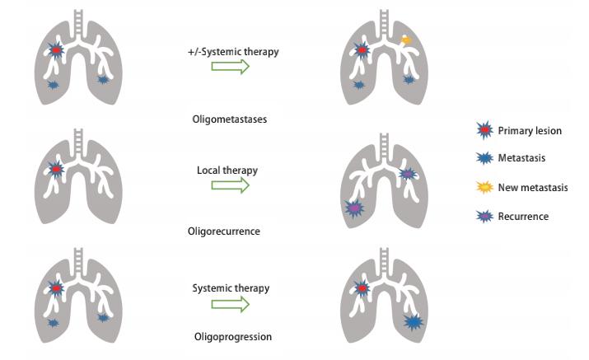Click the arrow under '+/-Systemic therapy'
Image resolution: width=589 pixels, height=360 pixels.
click(230, 68)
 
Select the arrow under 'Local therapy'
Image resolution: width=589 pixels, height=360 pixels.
click(230, 186)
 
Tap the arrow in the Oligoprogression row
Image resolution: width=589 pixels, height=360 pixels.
click(230, 305)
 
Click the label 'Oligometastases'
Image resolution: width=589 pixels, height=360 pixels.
click(229, 119)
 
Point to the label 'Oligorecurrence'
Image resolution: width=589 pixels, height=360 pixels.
click(223, 231)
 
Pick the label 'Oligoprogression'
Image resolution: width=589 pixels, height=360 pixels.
click(232, 337)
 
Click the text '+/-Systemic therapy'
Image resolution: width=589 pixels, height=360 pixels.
click(233, 52)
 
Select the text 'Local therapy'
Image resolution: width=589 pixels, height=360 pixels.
click(227, 171)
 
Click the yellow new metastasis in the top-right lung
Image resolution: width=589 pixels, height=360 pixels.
click(405, 40)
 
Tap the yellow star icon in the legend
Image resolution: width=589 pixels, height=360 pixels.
click(485, 188)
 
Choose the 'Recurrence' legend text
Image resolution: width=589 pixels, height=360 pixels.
click(523, 217)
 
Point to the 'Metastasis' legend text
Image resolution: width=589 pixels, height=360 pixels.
click(521, 158)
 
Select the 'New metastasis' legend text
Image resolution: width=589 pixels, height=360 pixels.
click(533, 188)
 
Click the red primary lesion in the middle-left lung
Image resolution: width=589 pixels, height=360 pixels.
click(56, 170)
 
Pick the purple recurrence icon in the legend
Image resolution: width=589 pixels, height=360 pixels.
click(485, 217)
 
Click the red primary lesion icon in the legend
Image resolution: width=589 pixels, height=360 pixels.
click(485, 130)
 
